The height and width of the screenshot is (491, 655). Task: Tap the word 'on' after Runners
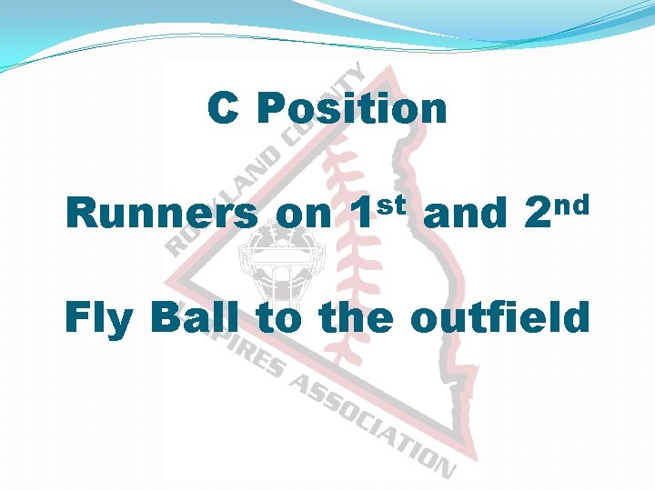click(x=304, y=215)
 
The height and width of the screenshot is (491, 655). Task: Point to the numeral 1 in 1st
click(x=361, y=215)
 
